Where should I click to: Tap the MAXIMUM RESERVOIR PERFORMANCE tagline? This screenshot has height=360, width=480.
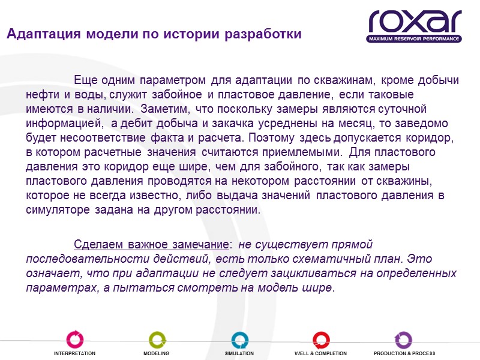415,38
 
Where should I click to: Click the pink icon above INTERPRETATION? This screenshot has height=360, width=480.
74,339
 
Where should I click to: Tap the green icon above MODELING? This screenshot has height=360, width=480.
157,339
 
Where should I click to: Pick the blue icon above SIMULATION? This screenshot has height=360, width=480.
239,339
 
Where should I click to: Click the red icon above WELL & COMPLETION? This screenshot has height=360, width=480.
321,339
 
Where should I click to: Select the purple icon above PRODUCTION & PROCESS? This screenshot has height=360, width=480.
403,339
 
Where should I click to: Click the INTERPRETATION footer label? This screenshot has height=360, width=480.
74,353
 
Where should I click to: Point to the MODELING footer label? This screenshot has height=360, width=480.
156,353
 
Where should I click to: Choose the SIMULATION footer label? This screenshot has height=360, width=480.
239,353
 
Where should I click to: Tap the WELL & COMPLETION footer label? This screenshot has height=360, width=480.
320,353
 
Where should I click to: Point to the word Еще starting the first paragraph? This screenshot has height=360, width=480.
85,80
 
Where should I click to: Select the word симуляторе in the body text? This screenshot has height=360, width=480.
57,210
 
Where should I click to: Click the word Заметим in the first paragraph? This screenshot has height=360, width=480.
161,109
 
